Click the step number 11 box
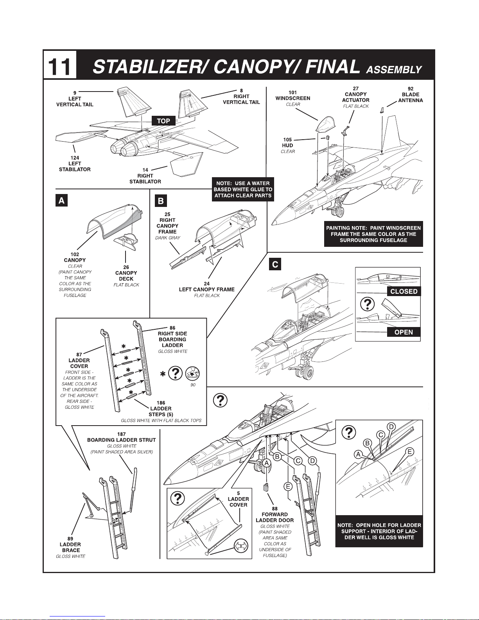(x=60, y=65)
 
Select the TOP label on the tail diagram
(x=163, y=121)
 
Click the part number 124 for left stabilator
(x=75, y=158)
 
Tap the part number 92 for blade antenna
(x=410, y=89)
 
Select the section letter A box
(x=62, y=201)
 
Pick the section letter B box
(x=161, y=201)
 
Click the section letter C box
(x=275, y=264)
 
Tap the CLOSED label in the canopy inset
(x=404, y=291)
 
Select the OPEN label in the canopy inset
(x=404, y=332)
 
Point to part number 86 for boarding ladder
(x=172, y=328)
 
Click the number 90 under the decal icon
(x=193, y=385)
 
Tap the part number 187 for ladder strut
(x=122, y=434)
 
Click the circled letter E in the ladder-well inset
(x=410, y=452)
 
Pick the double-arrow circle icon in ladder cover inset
(x=241, y=546)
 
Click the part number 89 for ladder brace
(x=70, y=539)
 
